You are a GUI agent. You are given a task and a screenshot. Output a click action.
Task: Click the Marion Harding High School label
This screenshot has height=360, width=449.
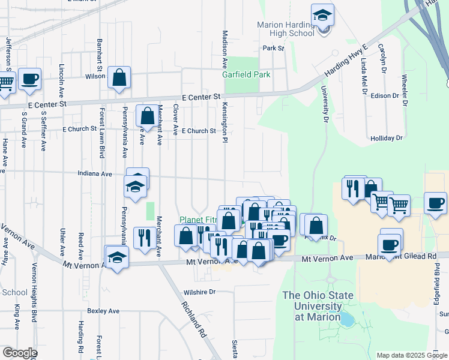[x=286, y=29]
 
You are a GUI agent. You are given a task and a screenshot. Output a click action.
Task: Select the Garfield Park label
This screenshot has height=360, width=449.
[x=246, y=74]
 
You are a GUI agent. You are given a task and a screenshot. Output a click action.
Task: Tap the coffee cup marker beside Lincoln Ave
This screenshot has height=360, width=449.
[x=29, y=79]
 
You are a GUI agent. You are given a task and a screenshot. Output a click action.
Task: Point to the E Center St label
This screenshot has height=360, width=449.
[x=202, y=96]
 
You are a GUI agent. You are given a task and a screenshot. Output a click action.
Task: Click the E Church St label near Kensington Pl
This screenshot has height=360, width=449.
[x=199, y=131]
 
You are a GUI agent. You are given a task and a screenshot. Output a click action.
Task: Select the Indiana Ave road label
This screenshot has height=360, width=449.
[x=95, y=174]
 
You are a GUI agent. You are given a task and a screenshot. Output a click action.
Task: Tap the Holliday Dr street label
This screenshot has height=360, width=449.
[x=386, y=138]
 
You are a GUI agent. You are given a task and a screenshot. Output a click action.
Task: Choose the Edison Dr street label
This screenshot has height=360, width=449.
[x=385, y=95]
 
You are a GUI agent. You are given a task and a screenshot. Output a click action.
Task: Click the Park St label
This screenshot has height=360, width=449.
[x=273, y=48]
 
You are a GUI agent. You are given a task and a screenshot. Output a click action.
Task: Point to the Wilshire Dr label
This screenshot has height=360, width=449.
[x=200, y=292]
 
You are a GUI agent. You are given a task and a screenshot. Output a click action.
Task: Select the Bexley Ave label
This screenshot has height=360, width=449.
[x=103, y=311]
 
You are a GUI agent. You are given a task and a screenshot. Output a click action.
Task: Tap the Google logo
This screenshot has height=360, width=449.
[x=20, y=353]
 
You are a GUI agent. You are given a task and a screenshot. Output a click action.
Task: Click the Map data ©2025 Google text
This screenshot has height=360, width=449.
[x=411, y=355]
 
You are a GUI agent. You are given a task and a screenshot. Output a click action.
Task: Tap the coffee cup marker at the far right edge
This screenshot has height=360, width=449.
[x=435, y=203]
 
